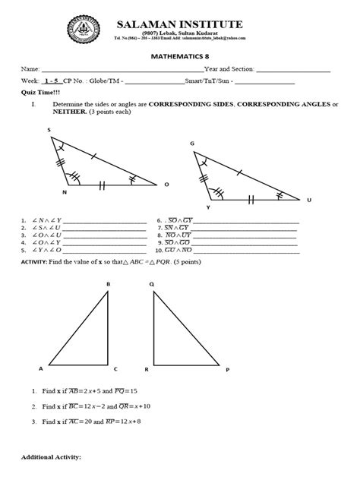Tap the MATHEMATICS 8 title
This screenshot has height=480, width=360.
[x=180, y=55]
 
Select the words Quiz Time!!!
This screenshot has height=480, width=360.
[x=36, y=90]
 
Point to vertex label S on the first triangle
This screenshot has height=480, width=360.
[x=49, y=130]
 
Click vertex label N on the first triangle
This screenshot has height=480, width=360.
[x=64, y=192]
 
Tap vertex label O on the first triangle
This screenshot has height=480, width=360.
[x=166, y=185]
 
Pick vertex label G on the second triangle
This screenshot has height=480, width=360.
[x=192, y=143]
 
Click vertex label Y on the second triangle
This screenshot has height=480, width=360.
[x=208, y=207]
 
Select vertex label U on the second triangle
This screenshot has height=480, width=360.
[x=309, y=201]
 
